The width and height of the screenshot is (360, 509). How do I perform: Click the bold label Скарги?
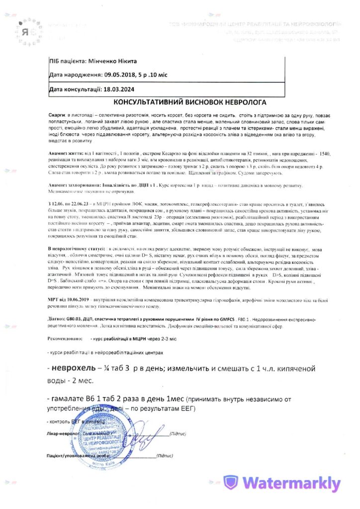(57, 114)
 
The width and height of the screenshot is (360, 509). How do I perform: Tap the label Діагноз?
(57, 317)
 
